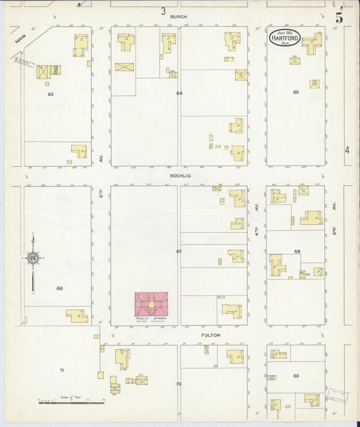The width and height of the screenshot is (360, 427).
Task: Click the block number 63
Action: tap(50, 95)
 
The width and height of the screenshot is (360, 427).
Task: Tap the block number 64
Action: tap(179, 93)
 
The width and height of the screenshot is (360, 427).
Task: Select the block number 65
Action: tap(295, 91)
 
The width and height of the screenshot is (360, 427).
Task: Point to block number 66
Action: tap(59, 288)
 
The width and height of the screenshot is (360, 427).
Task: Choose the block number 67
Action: tap(179, 251)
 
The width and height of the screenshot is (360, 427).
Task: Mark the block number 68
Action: tap(297, 251)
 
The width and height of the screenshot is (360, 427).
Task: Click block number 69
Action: tap(296, 375)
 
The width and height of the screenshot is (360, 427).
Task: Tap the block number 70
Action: tap(179, 384)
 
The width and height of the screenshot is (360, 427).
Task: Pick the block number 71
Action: tap(62, 370)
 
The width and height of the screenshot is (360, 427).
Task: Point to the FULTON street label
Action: tap(210, 335)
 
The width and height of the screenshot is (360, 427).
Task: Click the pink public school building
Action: tap(152, 303)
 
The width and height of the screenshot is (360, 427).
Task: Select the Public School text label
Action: tap(152, 317)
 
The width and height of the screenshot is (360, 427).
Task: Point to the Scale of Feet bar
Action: tap(71, 402)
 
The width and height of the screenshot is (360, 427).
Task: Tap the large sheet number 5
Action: tap(338, 18)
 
